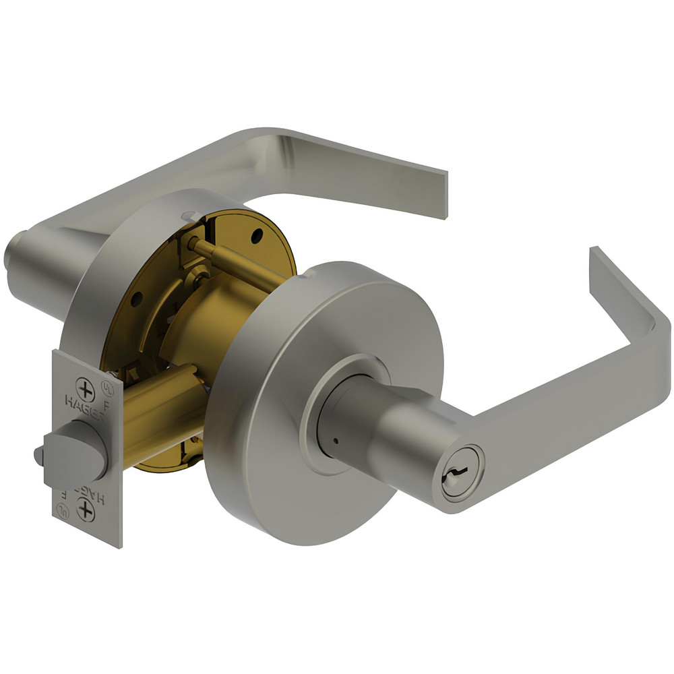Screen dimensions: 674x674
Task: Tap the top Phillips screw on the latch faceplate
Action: [x=86, y=389]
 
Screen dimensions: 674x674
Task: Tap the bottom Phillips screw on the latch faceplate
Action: [x=86, y=510]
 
